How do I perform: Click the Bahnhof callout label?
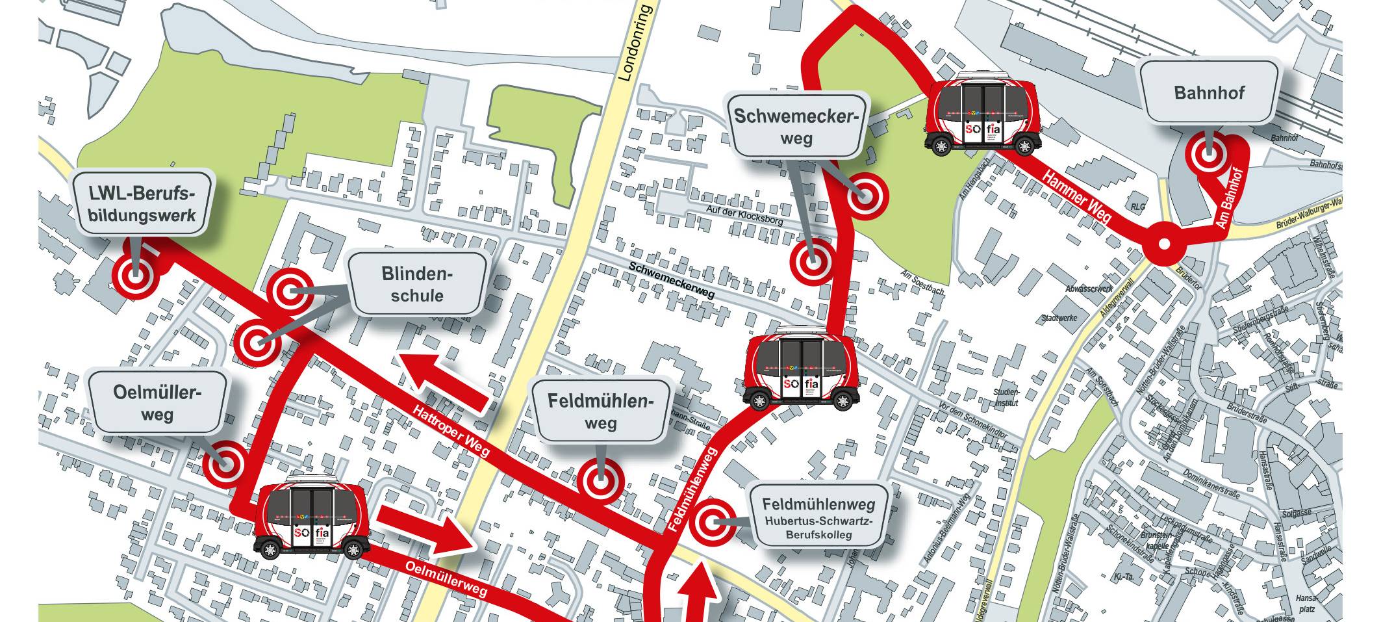point(1209,92)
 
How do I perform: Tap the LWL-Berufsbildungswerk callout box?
point(143,203)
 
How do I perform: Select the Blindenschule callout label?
point(417,284)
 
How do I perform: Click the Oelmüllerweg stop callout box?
point(157,403)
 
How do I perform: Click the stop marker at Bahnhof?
point(1208,156)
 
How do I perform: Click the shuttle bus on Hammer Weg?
point(980,114)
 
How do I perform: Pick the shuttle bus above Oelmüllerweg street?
point(311,517)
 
